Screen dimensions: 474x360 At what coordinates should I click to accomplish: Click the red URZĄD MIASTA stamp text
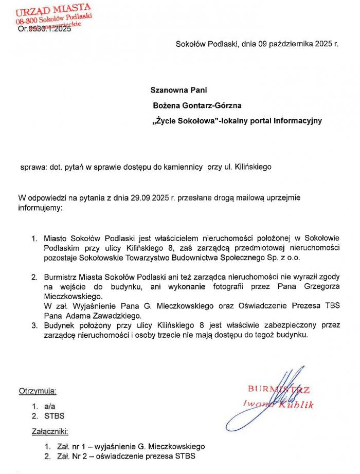coord(53,9)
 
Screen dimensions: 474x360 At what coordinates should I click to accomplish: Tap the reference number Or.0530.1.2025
coord(44,29)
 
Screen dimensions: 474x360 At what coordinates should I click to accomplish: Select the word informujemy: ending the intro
coord(41,209)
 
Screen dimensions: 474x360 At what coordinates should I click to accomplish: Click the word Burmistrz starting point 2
coord(61,277)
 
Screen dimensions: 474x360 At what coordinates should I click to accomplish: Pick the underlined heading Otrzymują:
coord(38,391)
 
